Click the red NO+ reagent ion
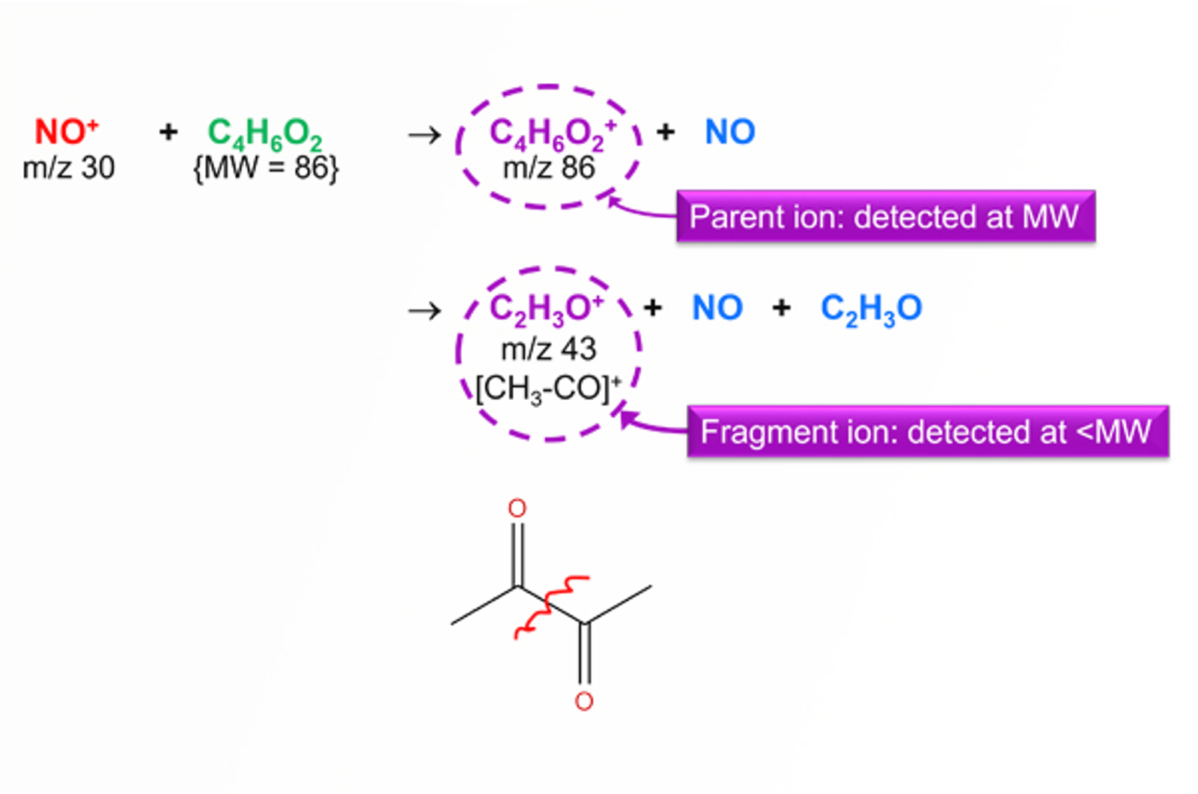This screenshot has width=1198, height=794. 66,132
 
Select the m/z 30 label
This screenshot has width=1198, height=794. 68,168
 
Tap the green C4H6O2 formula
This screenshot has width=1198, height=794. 264,133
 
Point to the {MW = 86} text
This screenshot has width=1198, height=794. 266,168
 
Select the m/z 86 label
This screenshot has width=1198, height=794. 549,168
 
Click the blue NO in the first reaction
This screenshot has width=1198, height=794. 730,133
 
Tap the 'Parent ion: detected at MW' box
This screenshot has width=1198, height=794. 885,216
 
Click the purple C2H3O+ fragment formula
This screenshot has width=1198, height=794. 547,308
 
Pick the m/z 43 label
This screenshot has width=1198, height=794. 549,349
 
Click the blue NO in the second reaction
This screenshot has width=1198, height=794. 717,308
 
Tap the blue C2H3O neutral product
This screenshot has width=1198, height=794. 871,309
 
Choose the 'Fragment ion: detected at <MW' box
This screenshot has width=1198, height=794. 927,432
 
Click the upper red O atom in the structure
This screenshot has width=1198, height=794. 517,509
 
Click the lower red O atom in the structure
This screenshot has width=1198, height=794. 584,702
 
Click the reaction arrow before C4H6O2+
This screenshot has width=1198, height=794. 425,135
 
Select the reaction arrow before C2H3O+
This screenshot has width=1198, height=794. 425,310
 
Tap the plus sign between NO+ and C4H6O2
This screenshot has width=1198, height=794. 168,133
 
